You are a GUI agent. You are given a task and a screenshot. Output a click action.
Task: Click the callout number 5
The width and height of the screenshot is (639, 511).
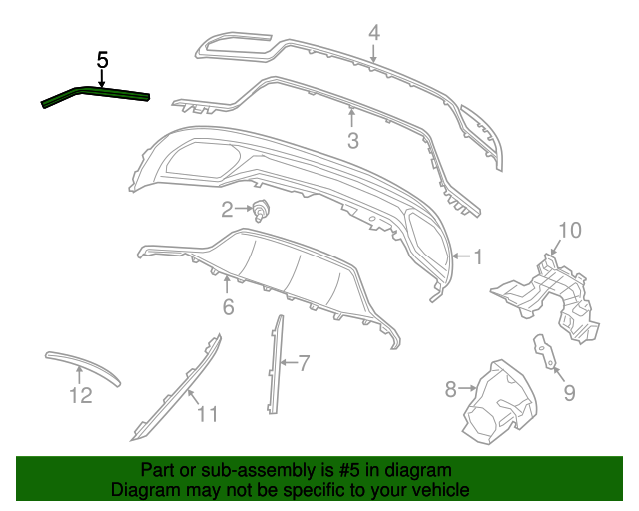102,60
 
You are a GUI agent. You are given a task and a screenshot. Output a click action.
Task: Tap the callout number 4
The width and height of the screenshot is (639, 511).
373,32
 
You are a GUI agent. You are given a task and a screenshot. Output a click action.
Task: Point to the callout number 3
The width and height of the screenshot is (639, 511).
352,141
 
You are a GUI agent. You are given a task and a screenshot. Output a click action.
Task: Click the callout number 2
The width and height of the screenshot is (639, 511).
228,209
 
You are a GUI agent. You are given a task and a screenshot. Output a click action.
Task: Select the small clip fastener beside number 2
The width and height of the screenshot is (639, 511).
263,210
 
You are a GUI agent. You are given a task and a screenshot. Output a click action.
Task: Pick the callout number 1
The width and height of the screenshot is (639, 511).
477,256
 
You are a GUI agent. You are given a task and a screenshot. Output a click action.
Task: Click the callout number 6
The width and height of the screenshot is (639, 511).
228,308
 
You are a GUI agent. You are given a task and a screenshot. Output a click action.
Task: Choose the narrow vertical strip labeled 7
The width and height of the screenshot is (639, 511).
274,364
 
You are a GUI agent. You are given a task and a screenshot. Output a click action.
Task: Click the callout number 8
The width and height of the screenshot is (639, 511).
450,387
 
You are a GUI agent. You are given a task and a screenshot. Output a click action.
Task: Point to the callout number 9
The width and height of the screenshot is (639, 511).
569,392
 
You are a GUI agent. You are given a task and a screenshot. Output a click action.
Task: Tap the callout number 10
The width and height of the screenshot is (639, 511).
568,232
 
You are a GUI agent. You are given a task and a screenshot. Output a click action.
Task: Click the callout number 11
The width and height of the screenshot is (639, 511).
206,413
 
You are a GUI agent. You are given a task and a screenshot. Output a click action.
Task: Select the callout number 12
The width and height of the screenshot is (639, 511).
80,396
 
